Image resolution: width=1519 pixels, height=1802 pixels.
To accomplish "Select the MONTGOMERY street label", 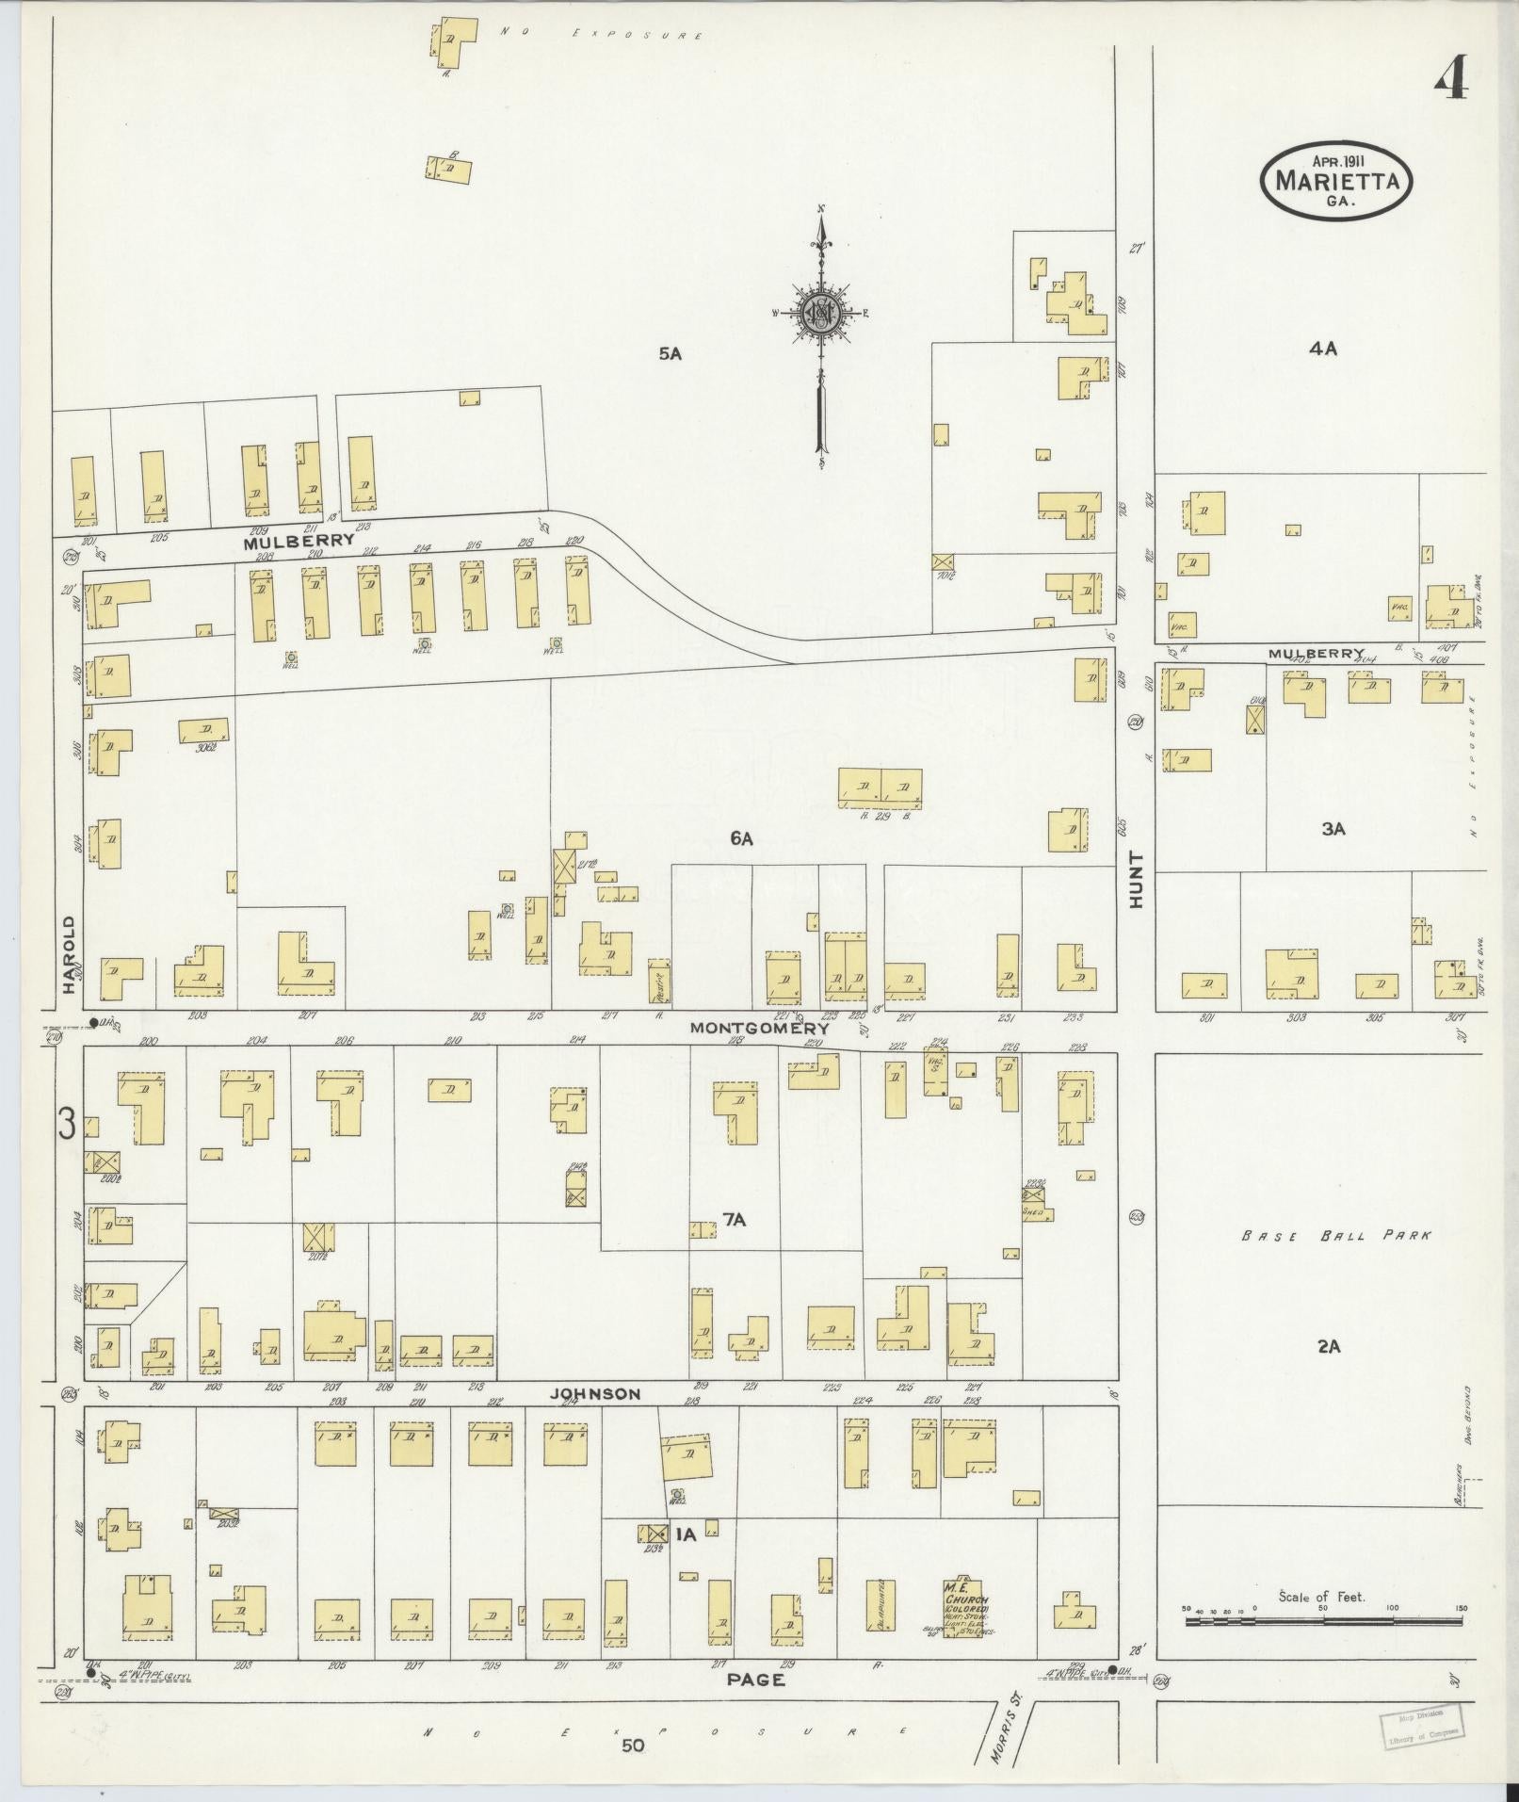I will (759, 1029).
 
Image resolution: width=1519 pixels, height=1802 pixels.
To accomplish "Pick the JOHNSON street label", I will (595, 1394).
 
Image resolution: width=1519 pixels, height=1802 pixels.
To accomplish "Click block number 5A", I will (670, 354).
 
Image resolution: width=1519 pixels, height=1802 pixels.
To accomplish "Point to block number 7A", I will (735, 1221).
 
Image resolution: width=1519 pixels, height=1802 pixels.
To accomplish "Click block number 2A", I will (1328, 1347).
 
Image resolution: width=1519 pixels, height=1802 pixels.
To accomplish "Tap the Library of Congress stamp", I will (1423, 1726).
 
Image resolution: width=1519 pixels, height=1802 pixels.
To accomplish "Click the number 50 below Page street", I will (633, 1745).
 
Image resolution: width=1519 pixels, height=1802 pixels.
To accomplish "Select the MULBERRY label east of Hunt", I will (1315, 653).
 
